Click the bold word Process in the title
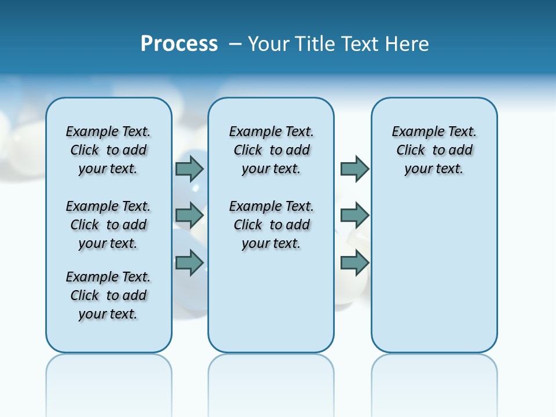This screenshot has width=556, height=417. pyautogui.click(x=179, y=44)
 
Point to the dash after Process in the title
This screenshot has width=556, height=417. pyautogui.click(x=235, y=44)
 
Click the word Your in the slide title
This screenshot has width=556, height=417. pyautogui.click(x=269, y=44)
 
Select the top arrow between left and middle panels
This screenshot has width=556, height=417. pyautogui.click(x=189, y=169)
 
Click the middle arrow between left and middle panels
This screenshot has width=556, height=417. pyautogui.click(x=189, y=215)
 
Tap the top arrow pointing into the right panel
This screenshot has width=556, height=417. pyautogui.click(x=354, y=169)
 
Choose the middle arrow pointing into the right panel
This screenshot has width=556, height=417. pyautogui.click(x=354, y=215)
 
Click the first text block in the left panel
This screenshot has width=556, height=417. pyautogui.click(x=108, y=150)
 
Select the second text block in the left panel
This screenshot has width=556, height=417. pyautogui.click(x=108, y=225)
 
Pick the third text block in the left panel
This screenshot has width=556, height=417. pyautogui.click(x=108, y=295)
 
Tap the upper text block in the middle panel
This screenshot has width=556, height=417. pyautogui.click(x=271, y=150)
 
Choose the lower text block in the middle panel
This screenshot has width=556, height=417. pyautogui.click(x=271, y=225)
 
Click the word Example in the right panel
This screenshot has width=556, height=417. pyautogui.click(x=415, y=132)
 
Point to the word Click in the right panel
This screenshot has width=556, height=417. pyautogui.click(x=411, y=151)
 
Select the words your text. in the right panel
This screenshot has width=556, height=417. pyautogui.click(x=434, y=169)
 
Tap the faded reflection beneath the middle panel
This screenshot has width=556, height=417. pyautogui.click(x=271, y=382)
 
